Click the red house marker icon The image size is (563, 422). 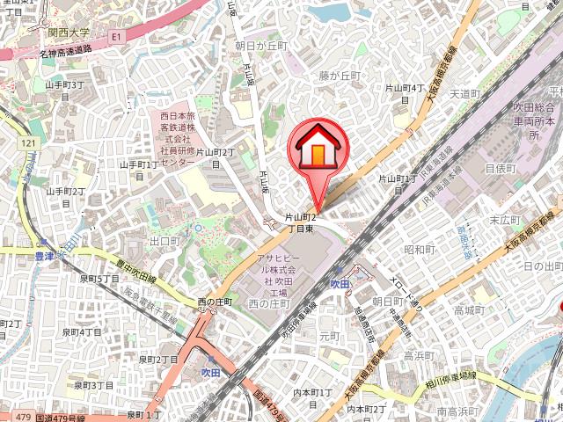[318, 147]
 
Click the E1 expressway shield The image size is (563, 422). [115, 37]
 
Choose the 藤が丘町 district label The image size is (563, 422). [340, 76]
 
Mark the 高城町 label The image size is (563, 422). [469, 310]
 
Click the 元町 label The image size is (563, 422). [329, 336]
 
